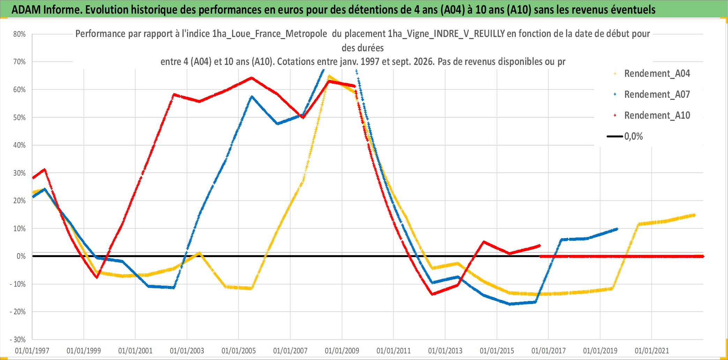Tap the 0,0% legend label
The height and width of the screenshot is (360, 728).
(633, 136)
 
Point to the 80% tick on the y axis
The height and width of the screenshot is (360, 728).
(20, 34)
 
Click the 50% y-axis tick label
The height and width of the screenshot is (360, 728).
(20, 118)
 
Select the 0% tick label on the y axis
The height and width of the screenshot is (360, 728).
(21, 256)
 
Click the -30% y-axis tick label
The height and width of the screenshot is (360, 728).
(18, 339)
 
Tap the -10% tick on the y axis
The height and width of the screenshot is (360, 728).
(18, 284)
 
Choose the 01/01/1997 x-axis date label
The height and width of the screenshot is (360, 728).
(32, 351)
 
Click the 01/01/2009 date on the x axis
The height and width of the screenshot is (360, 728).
(342, 351)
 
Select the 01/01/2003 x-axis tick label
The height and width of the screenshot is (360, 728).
(187, 351)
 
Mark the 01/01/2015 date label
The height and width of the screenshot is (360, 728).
(497, 351)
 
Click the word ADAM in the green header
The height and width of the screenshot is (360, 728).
(26, 10)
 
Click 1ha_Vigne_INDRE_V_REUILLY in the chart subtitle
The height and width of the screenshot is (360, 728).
(446, 34)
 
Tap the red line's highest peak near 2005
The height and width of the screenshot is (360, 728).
(252, 78)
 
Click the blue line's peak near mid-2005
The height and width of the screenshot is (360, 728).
(252, 96)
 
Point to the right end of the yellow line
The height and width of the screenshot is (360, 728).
(695, 215)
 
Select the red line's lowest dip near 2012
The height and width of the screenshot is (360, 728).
(433, 294)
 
